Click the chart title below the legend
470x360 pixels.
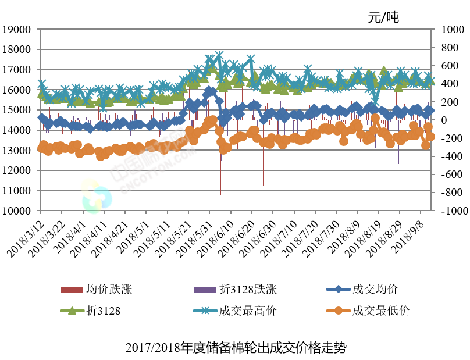click(236, 348)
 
